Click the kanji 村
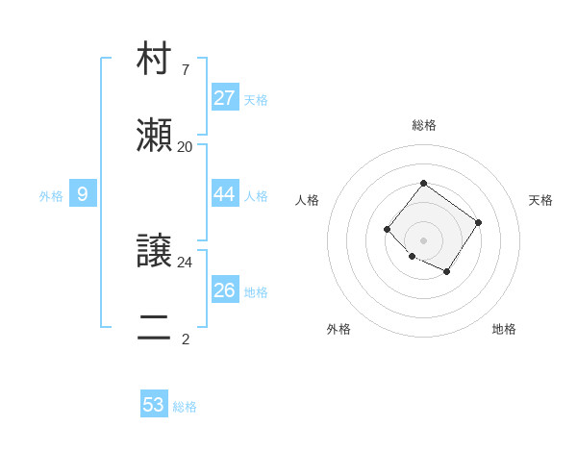[x=154, y=60]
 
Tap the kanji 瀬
[x=154, y=137]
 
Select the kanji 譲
[x=154, y=252]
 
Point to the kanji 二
[x=154, y=329]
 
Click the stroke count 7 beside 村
[x=186, y=69]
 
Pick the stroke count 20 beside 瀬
[x=186, y=146]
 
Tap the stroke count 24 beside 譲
[x=186, y=262]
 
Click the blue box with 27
[x=225, y=98]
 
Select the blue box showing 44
[x=225, y=194]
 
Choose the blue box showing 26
[x=225, y=290]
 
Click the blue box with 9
[x=83, y=194]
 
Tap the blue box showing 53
[x=154, y=405]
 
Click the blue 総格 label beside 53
[x=185, y=407]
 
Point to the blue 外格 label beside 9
[x=51, y=196]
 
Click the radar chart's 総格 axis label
[x=423, y=125]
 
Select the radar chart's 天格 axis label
[x=540, y=200]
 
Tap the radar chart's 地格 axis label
[x=504, y=329]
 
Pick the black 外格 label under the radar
[x=339, y=329]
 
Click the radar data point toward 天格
[x=479, y=223]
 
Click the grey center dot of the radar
[x=423, y=239]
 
